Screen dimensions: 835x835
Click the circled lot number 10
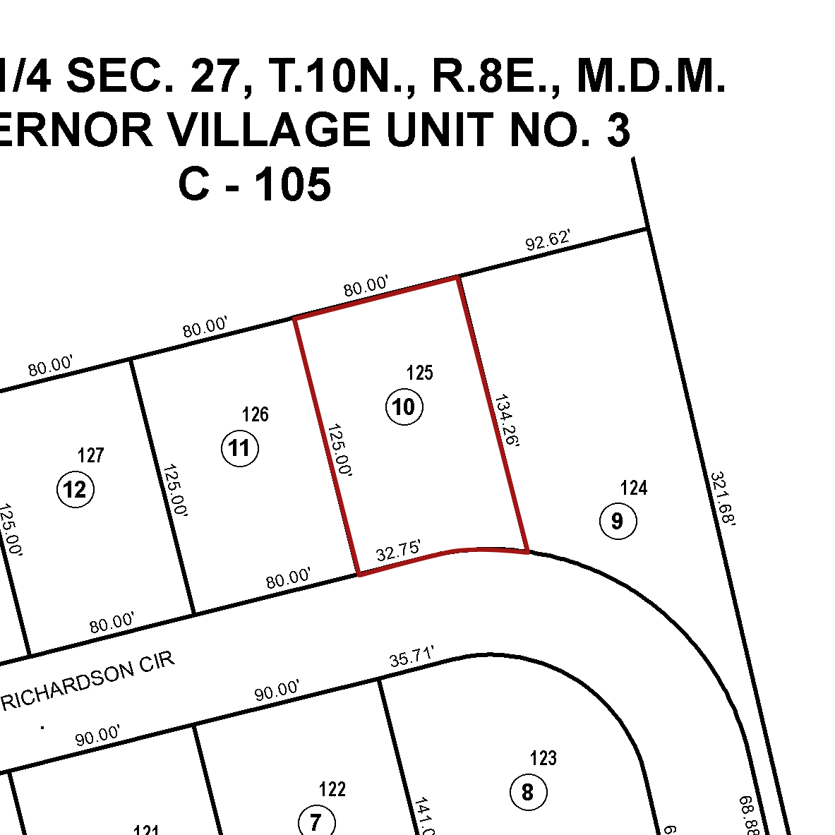tap(404, 407)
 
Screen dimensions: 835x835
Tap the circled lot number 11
tap(240, 448)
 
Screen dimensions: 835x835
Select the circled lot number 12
tap(75, 489)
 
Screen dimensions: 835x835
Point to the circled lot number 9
tap(618, 522)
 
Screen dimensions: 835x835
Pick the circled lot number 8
tap(528, 792)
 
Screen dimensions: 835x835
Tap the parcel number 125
tap(420, 373)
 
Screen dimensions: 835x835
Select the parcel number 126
tap(255, 414)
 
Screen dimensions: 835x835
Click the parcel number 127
tap(91, 455)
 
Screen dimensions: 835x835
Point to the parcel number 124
tap(633, 488)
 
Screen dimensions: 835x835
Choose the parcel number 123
tap(543, 758)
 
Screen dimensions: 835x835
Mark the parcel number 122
tap(332, 788)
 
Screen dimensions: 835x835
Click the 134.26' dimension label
tap(507, 421)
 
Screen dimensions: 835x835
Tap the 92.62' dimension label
tap(548, 242)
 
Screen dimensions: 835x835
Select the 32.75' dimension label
tap(399, 551)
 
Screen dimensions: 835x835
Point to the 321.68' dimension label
tap(723, 499)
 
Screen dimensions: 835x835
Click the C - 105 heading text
tap(255, 185)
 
